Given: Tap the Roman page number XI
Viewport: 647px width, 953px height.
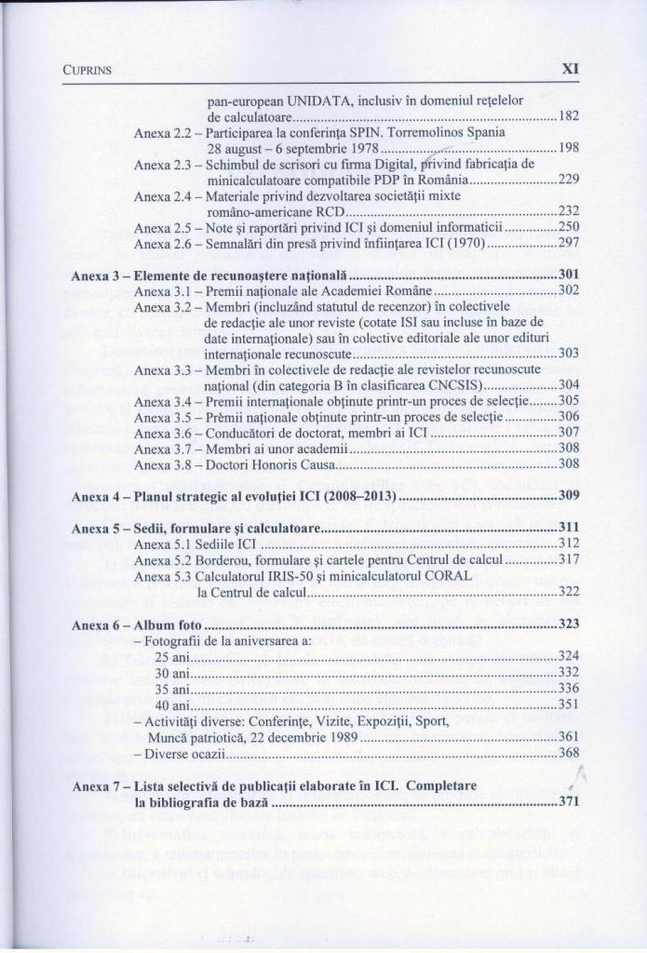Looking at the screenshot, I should pyautogui.click(x=571, y=68).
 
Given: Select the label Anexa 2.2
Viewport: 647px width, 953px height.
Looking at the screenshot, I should pyautogui.click(x=163, y=131).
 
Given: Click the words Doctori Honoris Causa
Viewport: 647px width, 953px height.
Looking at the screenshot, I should pyautogui.click(x=270, y=463).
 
